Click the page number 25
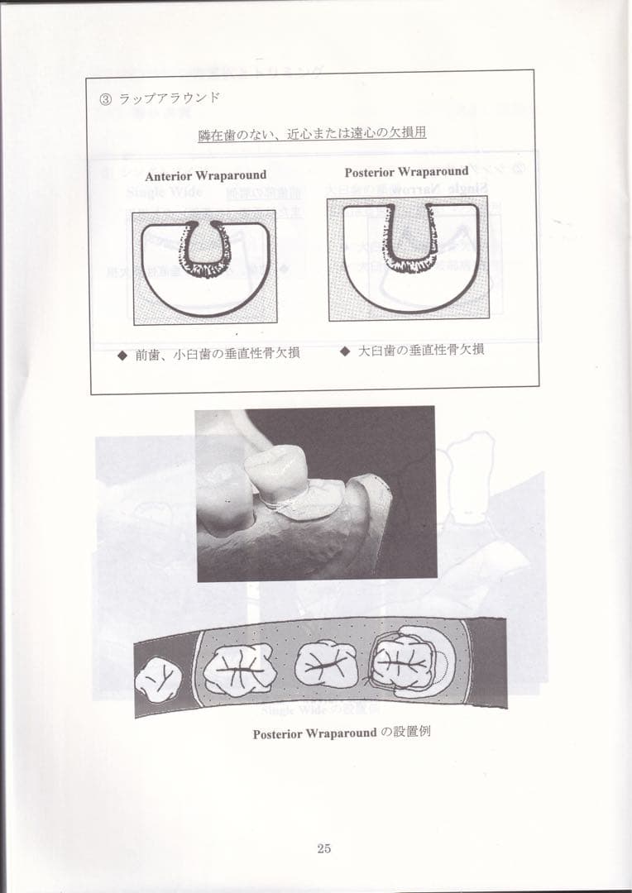coord(323,848)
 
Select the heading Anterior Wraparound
coord(206,175)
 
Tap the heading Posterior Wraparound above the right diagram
coord(406,172)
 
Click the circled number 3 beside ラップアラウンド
coord(105,98)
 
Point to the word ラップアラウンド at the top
coord(169,98)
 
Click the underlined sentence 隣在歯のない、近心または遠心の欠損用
coord(312,133)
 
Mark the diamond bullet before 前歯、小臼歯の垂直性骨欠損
coord(122,353)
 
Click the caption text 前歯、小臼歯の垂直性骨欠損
coord(218,353)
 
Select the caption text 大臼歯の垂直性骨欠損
coord(420,350)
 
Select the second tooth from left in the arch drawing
coord(239,668)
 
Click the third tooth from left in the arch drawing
coord(326,664)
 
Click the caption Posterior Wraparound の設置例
coord(342,733)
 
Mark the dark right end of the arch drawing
coord(488,661)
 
